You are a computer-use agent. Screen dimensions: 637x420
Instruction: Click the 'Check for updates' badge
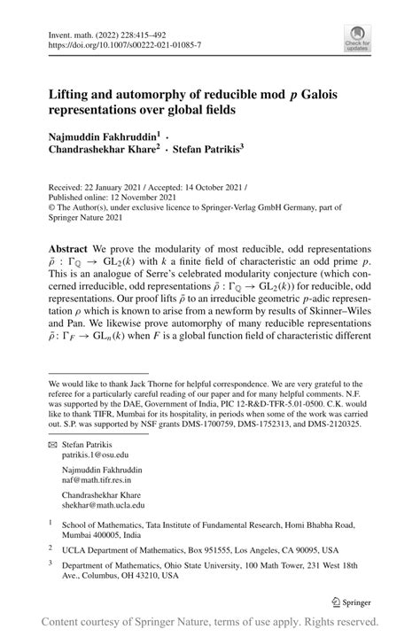pos(357,39)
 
